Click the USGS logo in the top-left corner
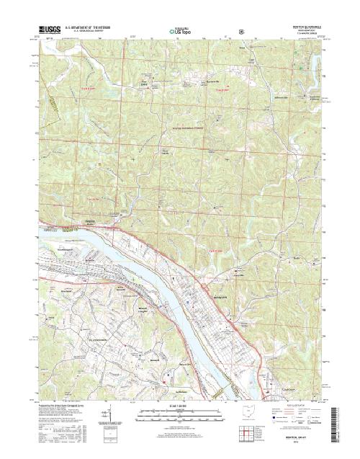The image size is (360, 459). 45,31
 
